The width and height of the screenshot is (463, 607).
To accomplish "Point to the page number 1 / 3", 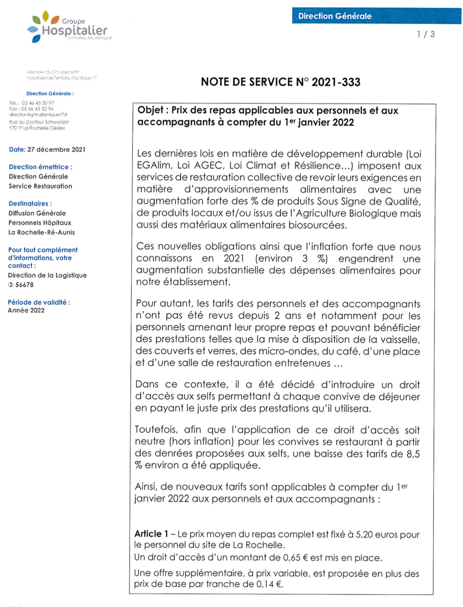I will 426,35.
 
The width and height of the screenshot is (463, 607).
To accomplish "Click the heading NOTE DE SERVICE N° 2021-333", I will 281,82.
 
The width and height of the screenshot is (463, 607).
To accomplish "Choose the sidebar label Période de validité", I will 39,302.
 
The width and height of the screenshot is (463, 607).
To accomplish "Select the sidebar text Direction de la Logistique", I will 47,275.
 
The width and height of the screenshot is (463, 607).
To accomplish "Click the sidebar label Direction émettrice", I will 41,167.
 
